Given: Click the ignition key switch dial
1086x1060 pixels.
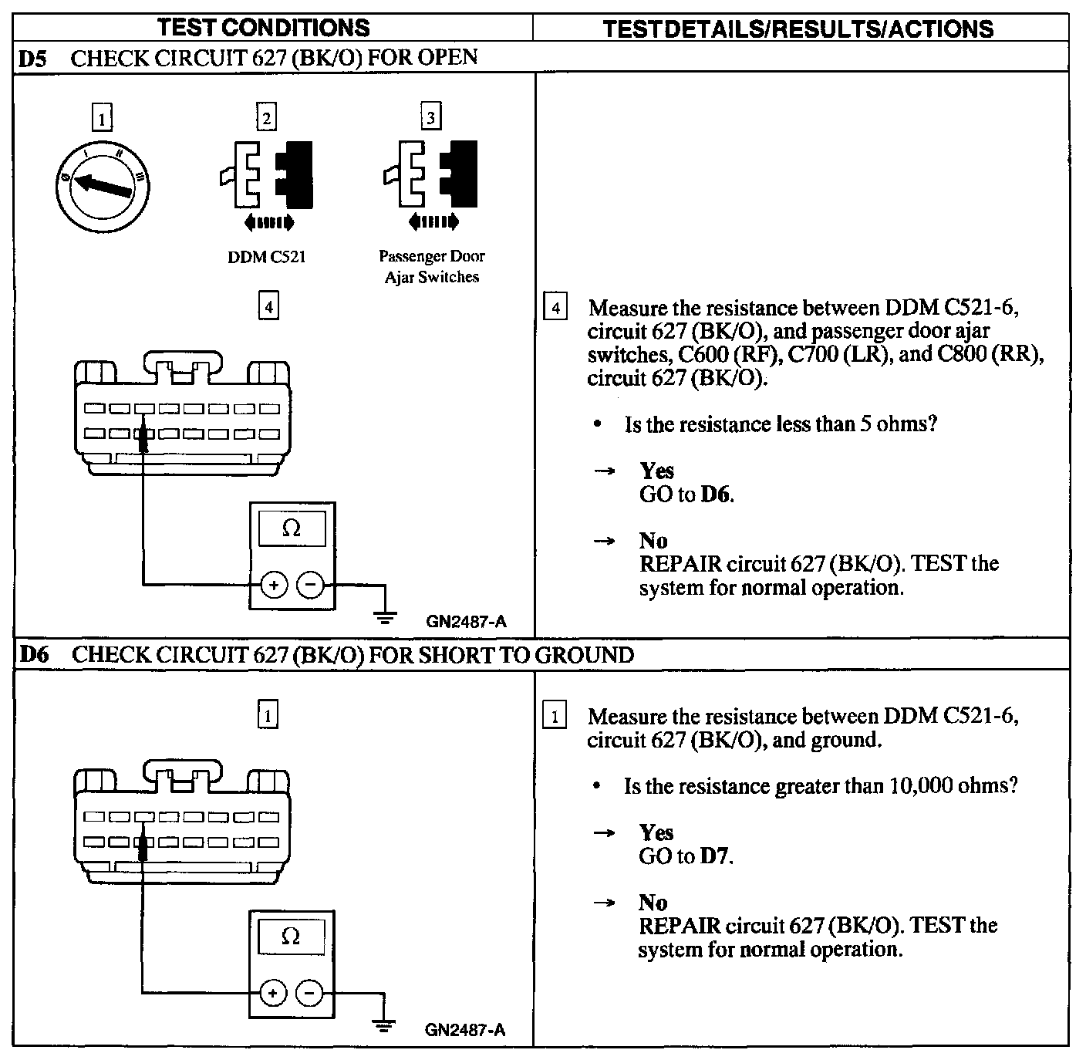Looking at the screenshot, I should click(x=103, y=186).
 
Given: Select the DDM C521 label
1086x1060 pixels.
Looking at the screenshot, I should click(x=267, y=257).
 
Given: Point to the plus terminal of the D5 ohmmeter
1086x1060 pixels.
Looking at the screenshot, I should click(x=273, y=586).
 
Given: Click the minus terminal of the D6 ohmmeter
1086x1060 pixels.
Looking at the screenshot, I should click(x=310, y=993).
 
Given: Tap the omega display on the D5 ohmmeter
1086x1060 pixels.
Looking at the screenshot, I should click(x=292, y=528).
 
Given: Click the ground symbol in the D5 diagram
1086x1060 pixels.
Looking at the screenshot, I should click(x=386, y=616).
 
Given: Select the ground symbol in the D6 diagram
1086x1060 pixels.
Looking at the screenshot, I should click(x=383, y=1025).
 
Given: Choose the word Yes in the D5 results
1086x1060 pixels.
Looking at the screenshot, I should click(x=656, y=471).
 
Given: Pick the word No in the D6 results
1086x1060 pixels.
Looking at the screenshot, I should click(x=653, y=902).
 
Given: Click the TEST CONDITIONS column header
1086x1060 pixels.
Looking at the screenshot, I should click(x=264, y=28).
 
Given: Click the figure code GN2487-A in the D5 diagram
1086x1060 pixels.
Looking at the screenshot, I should click(x=466, y=622).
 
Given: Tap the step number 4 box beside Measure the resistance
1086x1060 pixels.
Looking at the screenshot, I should click(x=555, y=308).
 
